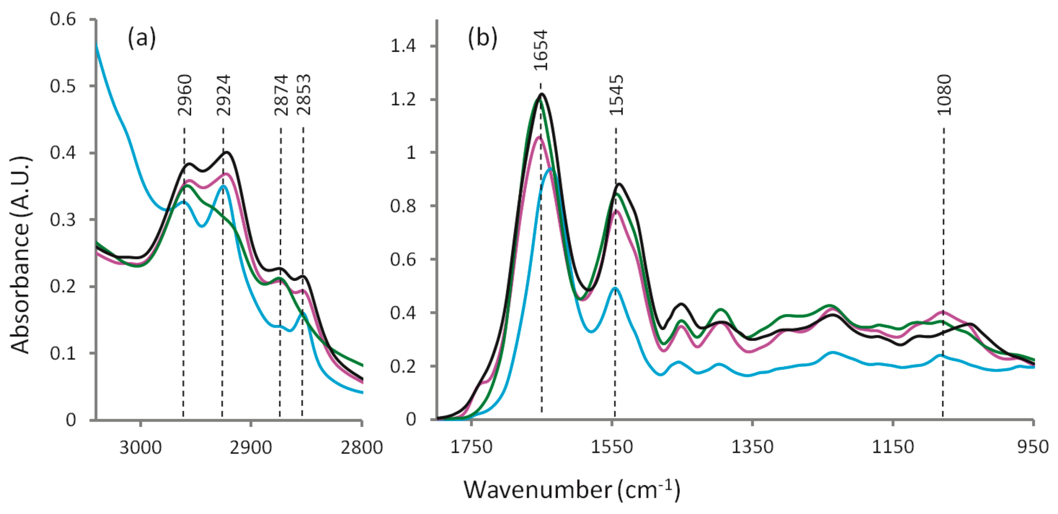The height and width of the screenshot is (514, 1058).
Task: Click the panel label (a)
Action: [x=142, y=39]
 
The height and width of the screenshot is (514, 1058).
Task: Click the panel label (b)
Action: [x=482, y=39]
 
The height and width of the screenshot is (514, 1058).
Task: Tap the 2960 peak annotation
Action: [x=185, y=95]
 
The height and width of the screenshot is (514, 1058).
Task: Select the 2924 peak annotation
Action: [x=223, y=95]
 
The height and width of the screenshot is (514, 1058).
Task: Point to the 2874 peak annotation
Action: [x=281, y=95]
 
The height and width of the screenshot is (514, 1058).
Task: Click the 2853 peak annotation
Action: [x=304, y=95]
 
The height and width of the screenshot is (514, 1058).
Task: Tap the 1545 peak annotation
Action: [x=616, y=95]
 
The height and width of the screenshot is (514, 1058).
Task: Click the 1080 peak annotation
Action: [x=944, y=95]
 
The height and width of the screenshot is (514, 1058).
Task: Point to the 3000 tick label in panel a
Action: [x=141, y=447]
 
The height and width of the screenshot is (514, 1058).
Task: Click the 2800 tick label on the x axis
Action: [x=361, y=447]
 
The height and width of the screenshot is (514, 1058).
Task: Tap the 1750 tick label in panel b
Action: [x=471, y=447]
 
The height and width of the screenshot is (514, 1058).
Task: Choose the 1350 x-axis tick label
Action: [x=752, y=447]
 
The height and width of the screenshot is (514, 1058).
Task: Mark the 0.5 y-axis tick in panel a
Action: [x=63, y=86]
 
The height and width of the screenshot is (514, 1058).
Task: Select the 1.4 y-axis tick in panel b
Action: [x=403, y=46]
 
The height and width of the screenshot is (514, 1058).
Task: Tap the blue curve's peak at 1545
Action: [x=615, y=288]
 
